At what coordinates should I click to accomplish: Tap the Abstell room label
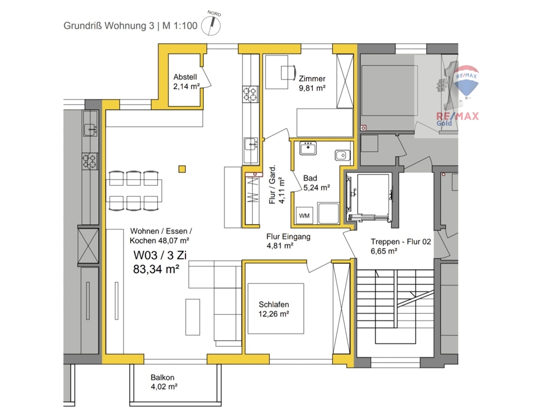185,77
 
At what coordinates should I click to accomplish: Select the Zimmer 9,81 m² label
312,84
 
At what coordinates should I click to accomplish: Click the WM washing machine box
304,215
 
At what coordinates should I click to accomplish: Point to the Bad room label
310,178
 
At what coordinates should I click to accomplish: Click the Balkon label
162,377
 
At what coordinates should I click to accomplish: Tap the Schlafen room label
274,305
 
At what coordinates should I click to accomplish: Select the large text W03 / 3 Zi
160,255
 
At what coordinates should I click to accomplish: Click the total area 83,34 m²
156,269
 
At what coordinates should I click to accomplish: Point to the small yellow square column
182,169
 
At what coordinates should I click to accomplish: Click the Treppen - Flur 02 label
401,242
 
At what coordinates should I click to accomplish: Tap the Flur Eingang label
288,237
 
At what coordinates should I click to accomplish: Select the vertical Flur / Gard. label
272,184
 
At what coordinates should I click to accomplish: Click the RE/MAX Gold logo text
457,119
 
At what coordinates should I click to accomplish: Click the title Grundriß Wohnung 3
109,26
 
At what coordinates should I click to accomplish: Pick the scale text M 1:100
180,26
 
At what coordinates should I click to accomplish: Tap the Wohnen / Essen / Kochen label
161,236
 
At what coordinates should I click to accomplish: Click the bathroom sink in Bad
308,148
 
